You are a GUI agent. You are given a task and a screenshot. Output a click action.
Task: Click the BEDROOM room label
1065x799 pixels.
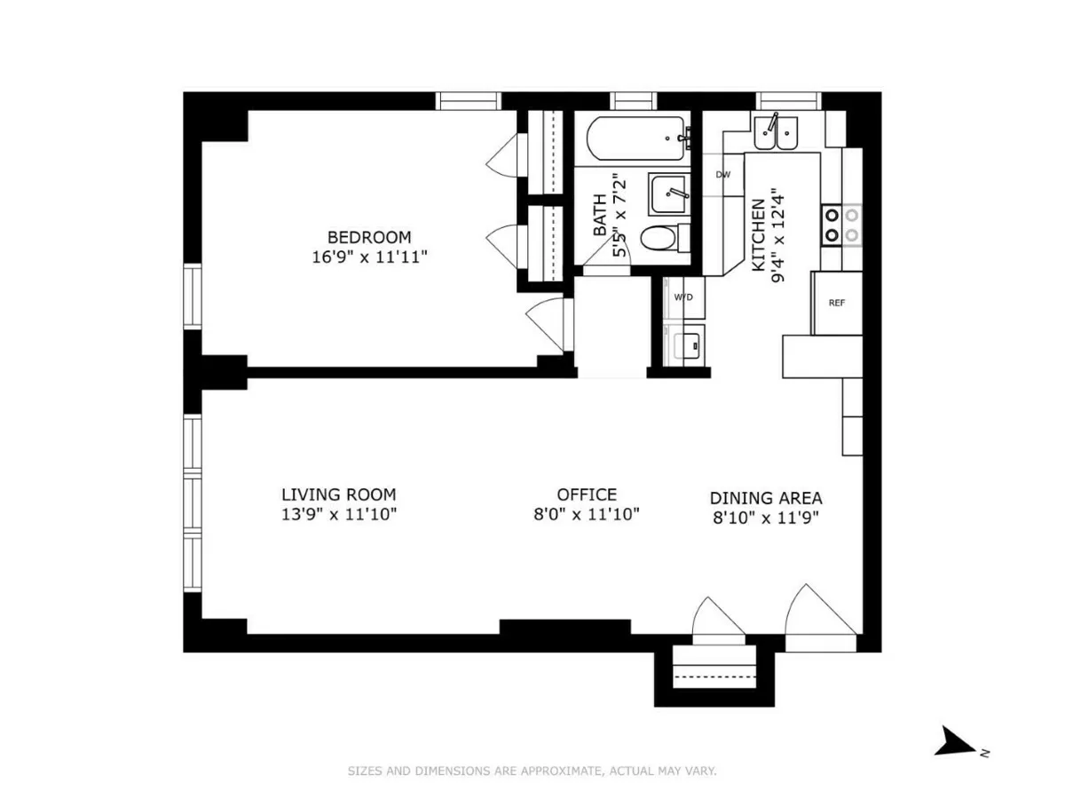[369, 237]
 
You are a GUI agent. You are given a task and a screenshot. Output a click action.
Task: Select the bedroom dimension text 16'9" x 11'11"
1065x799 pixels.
[369, 257]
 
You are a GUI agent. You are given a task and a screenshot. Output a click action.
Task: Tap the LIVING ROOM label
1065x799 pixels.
[339, 494]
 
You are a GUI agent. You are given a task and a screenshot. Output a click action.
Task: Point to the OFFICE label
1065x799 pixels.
[587, 494]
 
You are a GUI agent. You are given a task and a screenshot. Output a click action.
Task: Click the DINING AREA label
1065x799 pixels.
[766, 498]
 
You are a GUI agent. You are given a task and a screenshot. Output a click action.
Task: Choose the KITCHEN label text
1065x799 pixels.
[759, 235]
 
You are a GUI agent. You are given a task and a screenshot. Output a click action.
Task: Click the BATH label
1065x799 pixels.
[600, 216]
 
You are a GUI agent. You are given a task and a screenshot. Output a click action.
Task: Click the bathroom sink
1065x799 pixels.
[668, 194]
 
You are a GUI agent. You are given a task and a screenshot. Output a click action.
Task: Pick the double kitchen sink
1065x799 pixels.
[776, 132]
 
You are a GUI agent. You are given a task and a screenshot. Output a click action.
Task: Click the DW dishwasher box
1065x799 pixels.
[723, 174]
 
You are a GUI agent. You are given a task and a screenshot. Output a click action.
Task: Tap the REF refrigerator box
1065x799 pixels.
[837, 303]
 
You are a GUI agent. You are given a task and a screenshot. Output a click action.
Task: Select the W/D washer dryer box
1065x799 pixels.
[683, 297]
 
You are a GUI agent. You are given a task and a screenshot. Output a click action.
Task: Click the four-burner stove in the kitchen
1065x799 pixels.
[840, 224]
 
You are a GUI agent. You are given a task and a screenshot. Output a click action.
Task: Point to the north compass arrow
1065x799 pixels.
[957, 741]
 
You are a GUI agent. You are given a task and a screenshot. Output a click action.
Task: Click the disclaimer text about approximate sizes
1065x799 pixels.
[532, 771]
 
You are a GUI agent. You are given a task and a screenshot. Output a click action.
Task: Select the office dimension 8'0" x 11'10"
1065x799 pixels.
[587, 515]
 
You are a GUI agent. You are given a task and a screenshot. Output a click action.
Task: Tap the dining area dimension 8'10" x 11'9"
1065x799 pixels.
[766, 518]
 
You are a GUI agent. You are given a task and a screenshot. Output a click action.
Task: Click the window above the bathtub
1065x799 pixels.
[632, 100]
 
